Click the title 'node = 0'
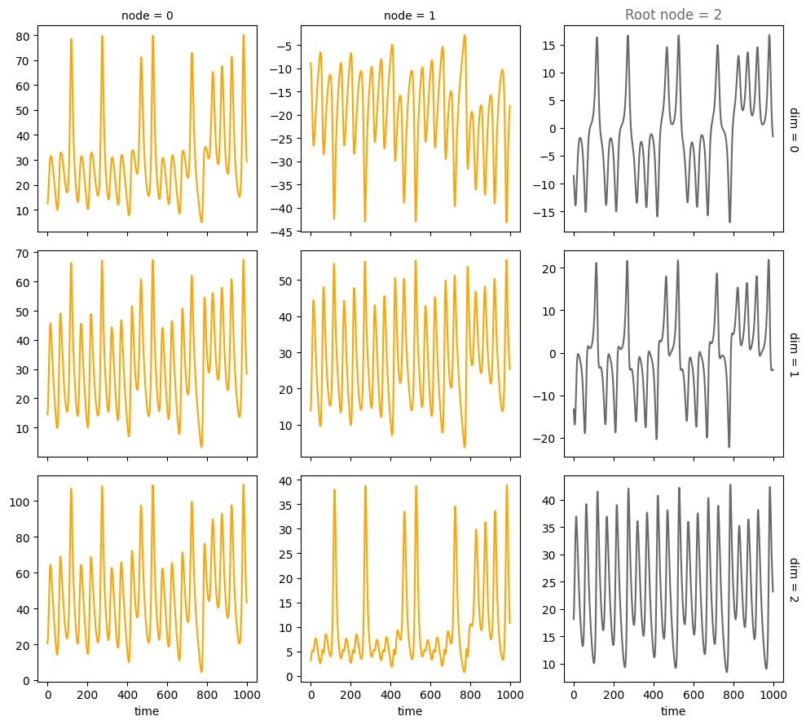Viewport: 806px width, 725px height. (x=147, y=15)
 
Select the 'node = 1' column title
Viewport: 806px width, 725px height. (x=410, y=15)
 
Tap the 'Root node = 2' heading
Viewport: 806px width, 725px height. (x=673, y=15)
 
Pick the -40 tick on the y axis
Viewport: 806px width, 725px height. (x=286, y=209)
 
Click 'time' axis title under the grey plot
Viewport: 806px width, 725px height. (x=673, y=712)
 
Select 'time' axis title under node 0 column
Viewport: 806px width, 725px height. (x=147, y=712)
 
